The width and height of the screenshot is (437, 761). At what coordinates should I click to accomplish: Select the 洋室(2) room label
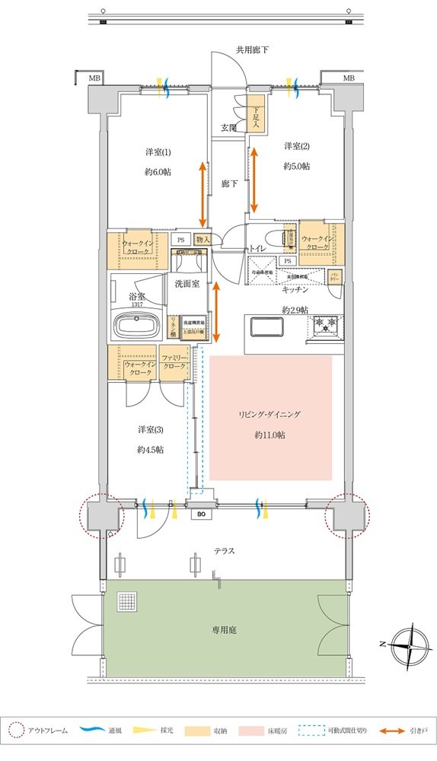(296, 145)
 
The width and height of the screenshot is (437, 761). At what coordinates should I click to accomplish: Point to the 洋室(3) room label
(152, 429)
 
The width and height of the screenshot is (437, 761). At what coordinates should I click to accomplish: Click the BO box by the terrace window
(201, 514)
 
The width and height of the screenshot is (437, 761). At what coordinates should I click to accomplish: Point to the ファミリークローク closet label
(174, 361)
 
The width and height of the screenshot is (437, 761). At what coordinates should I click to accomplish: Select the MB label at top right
(348, 78)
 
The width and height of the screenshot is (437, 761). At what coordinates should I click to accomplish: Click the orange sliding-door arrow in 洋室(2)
(254, 181)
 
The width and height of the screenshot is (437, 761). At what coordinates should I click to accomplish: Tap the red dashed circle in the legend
(18, 731)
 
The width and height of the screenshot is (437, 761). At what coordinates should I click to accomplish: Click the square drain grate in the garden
(125, 602)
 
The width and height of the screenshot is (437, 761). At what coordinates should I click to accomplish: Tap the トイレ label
(255, 249)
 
